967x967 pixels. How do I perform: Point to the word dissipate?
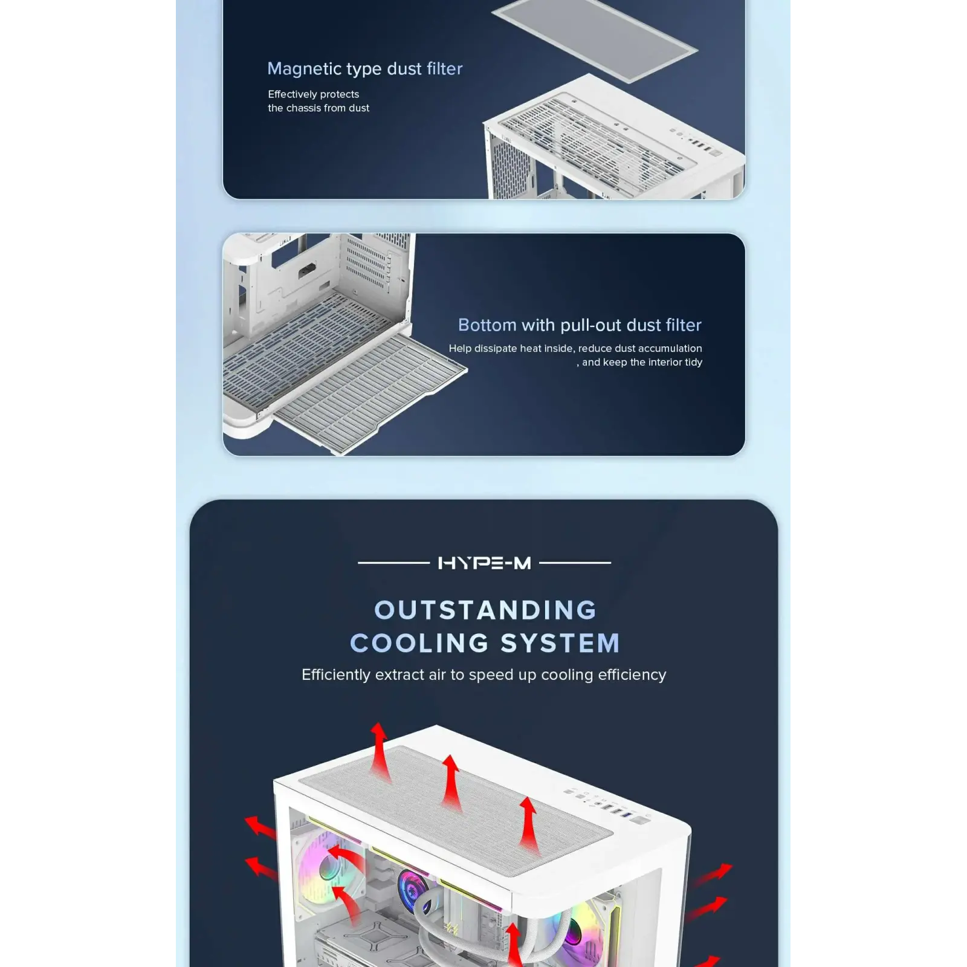pyautogui.click(x=496, y=349)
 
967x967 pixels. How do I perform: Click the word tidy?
pyautogui.click(x=693, y=363)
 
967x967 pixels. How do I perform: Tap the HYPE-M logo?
pyautogui.click(x=484, y=563)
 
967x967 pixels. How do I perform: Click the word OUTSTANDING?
pyautogui.click(x=485, y=610)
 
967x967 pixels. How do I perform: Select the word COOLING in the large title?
pyautogui.click(x=419, y=643)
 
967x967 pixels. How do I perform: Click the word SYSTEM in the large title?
pyautogui.click(x=560, y=643)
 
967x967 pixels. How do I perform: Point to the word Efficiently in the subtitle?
pyautogui.click(x=336, y=675)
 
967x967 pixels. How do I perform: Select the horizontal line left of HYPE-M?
pyautogui.click(x=393, y=563)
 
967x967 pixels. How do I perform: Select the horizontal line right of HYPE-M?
pyautogui.click(x=575, y=563)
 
